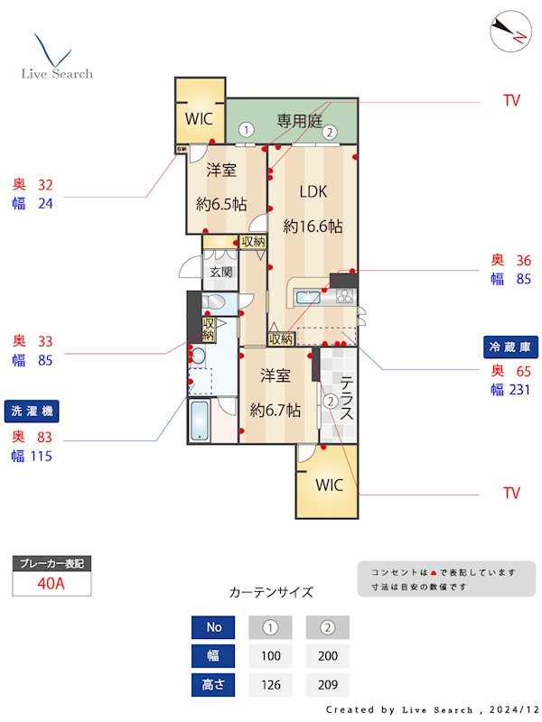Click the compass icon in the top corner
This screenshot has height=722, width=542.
(508, 33)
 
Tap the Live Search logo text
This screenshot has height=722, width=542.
(57, 73)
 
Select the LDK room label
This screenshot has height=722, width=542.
(313, 191)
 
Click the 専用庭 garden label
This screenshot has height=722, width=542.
(299, 120)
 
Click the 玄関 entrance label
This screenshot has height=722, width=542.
(221, 271)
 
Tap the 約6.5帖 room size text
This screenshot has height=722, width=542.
(221, 204)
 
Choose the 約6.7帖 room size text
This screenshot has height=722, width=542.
(276, 410)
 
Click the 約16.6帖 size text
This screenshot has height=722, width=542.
(313, 227)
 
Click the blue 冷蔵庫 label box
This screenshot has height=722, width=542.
(511, 347)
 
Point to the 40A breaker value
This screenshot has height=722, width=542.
(51, 583)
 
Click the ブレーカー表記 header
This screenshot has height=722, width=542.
(51, 563)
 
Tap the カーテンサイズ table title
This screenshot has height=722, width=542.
(271, 593)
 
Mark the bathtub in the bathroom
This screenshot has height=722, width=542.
(201, 421)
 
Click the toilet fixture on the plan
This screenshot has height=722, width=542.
(214, 302)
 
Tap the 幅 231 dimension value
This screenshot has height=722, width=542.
(511, 391)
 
